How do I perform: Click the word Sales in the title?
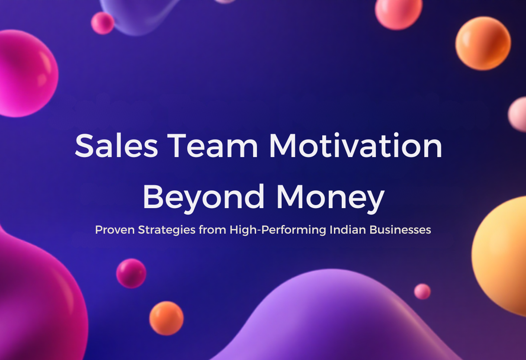[116, 145]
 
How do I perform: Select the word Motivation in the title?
[356, 145]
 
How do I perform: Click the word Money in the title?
[330, 197]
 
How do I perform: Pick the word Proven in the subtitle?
[115, 230]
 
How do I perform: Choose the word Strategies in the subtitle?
[167, 230]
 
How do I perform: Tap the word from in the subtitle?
[212, 230]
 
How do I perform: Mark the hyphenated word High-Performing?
[278, 230]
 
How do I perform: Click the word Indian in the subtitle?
[348, 229]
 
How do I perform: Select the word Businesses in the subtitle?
[401, 229]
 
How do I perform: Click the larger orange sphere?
[483, 43]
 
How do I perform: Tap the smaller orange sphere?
[167, 318]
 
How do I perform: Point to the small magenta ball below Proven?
[131, 273]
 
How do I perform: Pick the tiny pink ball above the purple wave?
[422, 292]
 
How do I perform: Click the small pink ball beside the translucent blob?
[103, 23]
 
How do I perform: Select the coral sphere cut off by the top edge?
[398, 13]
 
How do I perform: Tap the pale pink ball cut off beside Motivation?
[518, 114]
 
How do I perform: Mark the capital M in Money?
[289, 197]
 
